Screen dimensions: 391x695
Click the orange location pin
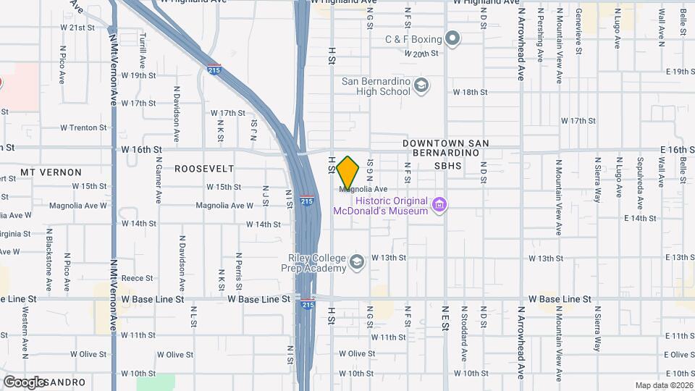(x=348, y=173)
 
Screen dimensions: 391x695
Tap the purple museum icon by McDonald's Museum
(x=438, y=206)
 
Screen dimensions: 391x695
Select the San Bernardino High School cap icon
(x=421, y=87)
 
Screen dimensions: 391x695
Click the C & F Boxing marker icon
(x=453, y=38)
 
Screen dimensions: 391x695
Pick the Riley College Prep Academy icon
(x=356, y=261)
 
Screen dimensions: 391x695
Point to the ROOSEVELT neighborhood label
(x=204, y=169)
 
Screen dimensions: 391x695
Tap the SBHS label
(x=447, y=166)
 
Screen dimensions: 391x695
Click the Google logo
(x=25, y=382)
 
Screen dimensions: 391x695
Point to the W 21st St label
(x=77, y=28)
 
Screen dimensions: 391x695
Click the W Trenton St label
(x=83, y=127)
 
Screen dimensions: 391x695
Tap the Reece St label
(x=137, y=278)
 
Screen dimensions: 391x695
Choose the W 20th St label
(x=422, y=54)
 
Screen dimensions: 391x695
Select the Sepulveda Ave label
(x=640, y=177)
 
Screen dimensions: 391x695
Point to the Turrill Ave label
(x=143, y=47)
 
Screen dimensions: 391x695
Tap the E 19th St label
(x=681, y=72)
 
